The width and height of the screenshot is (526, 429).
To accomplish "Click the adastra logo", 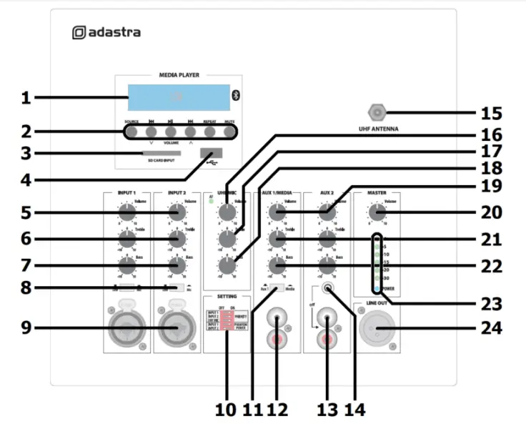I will coord(106,32).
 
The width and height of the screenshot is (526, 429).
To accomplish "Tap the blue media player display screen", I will coord(179,97).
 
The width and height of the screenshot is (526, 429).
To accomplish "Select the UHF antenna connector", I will coord(376,112).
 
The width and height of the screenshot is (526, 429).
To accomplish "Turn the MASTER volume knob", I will coord(376,212).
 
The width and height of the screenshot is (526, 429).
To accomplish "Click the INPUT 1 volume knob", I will coord(126,212).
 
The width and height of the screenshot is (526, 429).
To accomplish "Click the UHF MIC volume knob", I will coord(227,212).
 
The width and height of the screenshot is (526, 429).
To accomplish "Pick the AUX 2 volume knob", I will coord(327,212).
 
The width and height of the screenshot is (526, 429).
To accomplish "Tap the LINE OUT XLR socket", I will coord(377,328).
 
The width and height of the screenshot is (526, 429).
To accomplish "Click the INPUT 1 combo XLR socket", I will coord(127,328).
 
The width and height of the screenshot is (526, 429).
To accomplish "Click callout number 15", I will coord(492,112).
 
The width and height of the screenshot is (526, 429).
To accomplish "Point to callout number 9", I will coord(25,328).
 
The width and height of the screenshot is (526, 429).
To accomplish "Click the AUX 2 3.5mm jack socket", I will coord(327,290).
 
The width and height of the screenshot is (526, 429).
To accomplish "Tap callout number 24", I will coord(492,328).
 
